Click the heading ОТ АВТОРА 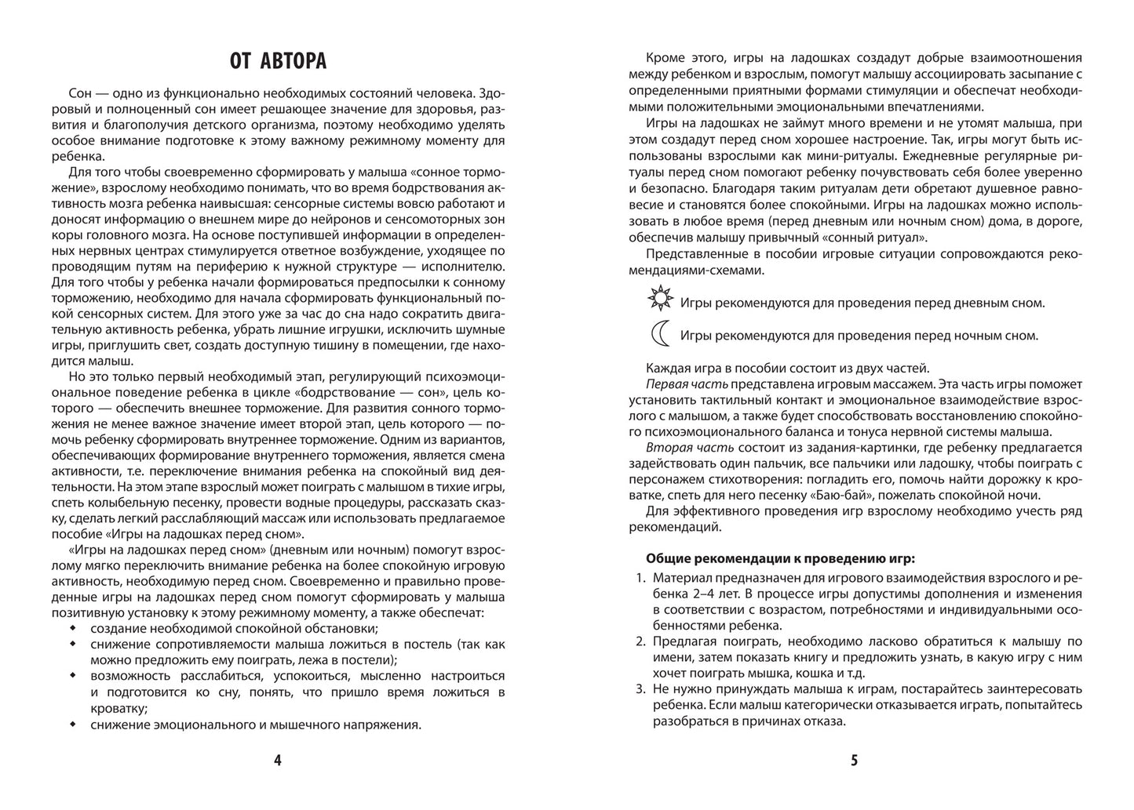(x=278, y=60)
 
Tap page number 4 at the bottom (x=278, y=760)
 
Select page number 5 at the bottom (x=855, y=760)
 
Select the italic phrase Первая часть (x=687, y=384)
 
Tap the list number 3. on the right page (x=638, y=689)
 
